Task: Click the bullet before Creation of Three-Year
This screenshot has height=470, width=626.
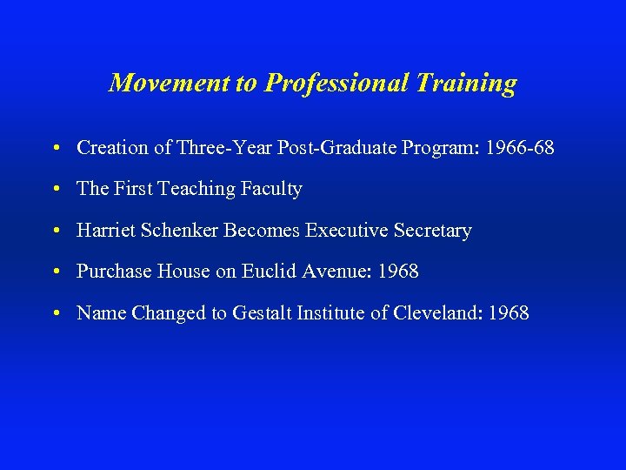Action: point(56,148)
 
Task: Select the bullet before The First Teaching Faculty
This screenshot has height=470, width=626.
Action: point(56,189)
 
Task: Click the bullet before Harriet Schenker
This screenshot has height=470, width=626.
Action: point(56,231)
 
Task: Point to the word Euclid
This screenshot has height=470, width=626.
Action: point(268,272)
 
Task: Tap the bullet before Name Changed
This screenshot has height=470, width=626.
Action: point(56,313)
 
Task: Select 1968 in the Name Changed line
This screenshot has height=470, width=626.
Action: point(508,313)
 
